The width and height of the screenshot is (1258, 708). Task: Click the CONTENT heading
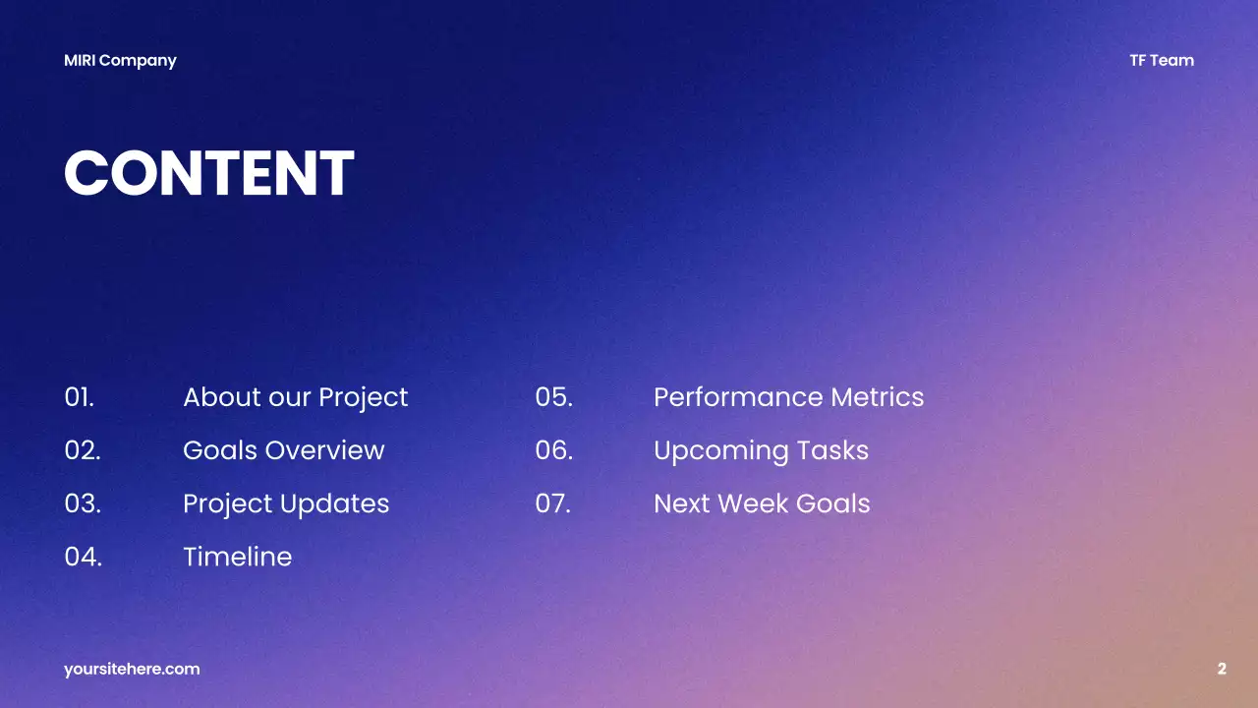208,174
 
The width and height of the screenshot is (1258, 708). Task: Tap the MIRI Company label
120,60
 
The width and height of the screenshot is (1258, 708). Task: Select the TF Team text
1161,60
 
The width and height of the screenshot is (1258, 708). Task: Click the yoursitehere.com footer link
132,669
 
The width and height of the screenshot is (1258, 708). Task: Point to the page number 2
1222,669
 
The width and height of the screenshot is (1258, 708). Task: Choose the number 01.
80,397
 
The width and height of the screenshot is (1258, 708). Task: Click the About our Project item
295,397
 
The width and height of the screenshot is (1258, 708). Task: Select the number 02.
83,450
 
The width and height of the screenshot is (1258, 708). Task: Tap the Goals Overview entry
283,450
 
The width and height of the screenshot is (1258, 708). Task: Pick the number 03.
83,503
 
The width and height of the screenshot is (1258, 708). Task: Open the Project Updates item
286,503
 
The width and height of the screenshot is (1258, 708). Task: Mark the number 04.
84,557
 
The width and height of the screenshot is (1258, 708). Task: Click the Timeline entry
237,557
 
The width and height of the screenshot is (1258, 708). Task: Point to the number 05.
553,397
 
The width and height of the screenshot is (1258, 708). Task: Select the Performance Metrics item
788,397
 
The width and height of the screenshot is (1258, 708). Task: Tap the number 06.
553,450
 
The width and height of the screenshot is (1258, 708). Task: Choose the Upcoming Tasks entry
761,450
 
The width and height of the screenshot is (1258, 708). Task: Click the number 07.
552,503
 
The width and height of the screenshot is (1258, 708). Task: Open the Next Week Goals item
762,503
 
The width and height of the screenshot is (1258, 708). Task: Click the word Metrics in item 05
877,397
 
